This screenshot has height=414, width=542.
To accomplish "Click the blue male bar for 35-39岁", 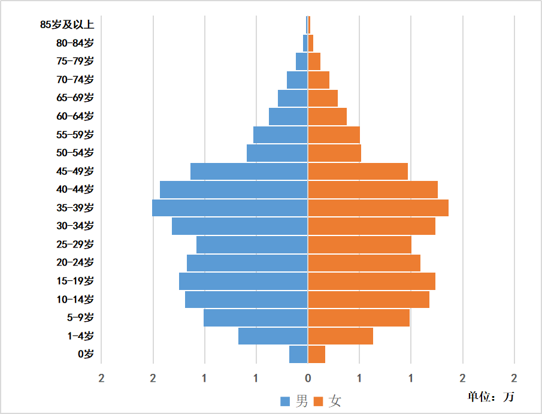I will [x=230, y=208].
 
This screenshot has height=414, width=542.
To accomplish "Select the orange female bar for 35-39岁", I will [x=378, y=208].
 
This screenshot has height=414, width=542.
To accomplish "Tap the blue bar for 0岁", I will [x=298, y=354].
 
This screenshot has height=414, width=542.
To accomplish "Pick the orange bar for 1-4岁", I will [x=340, y=336].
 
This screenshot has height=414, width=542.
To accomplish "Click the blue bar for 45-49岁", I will [x=249, y=171].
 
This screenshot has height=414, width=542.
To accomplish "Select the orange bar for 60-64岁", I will [x=327, y=116].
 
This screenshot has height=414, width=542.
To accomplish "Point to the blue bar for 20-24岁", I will [x=247, y=263].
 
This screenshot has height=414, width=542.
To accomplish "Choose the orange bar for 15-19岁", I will [x=371, y=281].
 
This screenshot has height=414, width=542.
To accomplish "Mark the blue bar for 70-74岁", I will [x=297, y=80].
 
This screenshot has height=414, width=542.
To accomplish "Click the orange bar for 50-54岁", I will [x=334, y=153].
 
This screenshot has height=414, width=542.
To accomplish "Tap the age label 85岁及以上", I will [x=67, y=25].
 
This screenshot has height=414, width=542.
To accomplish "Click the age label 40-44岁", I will [x=75, y=189].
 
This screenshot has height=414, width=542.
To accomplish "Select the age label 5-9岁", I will [x=81, y=318].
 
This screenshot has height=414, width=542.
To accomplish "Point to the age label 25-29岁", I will [x=75, y=244].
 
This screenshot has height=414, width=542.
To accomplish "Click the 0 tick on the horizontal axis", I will [x=308, y=379].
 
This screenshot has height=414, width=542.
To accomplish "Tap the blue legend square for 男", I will [x=285, y=401].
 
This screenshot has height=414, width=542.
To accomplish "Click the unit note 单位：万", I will [x=490, y=397].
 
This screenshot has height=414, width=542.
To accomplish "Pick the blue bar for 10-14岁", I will [x=246, y=300].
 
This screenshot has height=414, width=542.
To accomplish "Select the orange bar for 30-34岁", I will [x=371, y=226].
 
